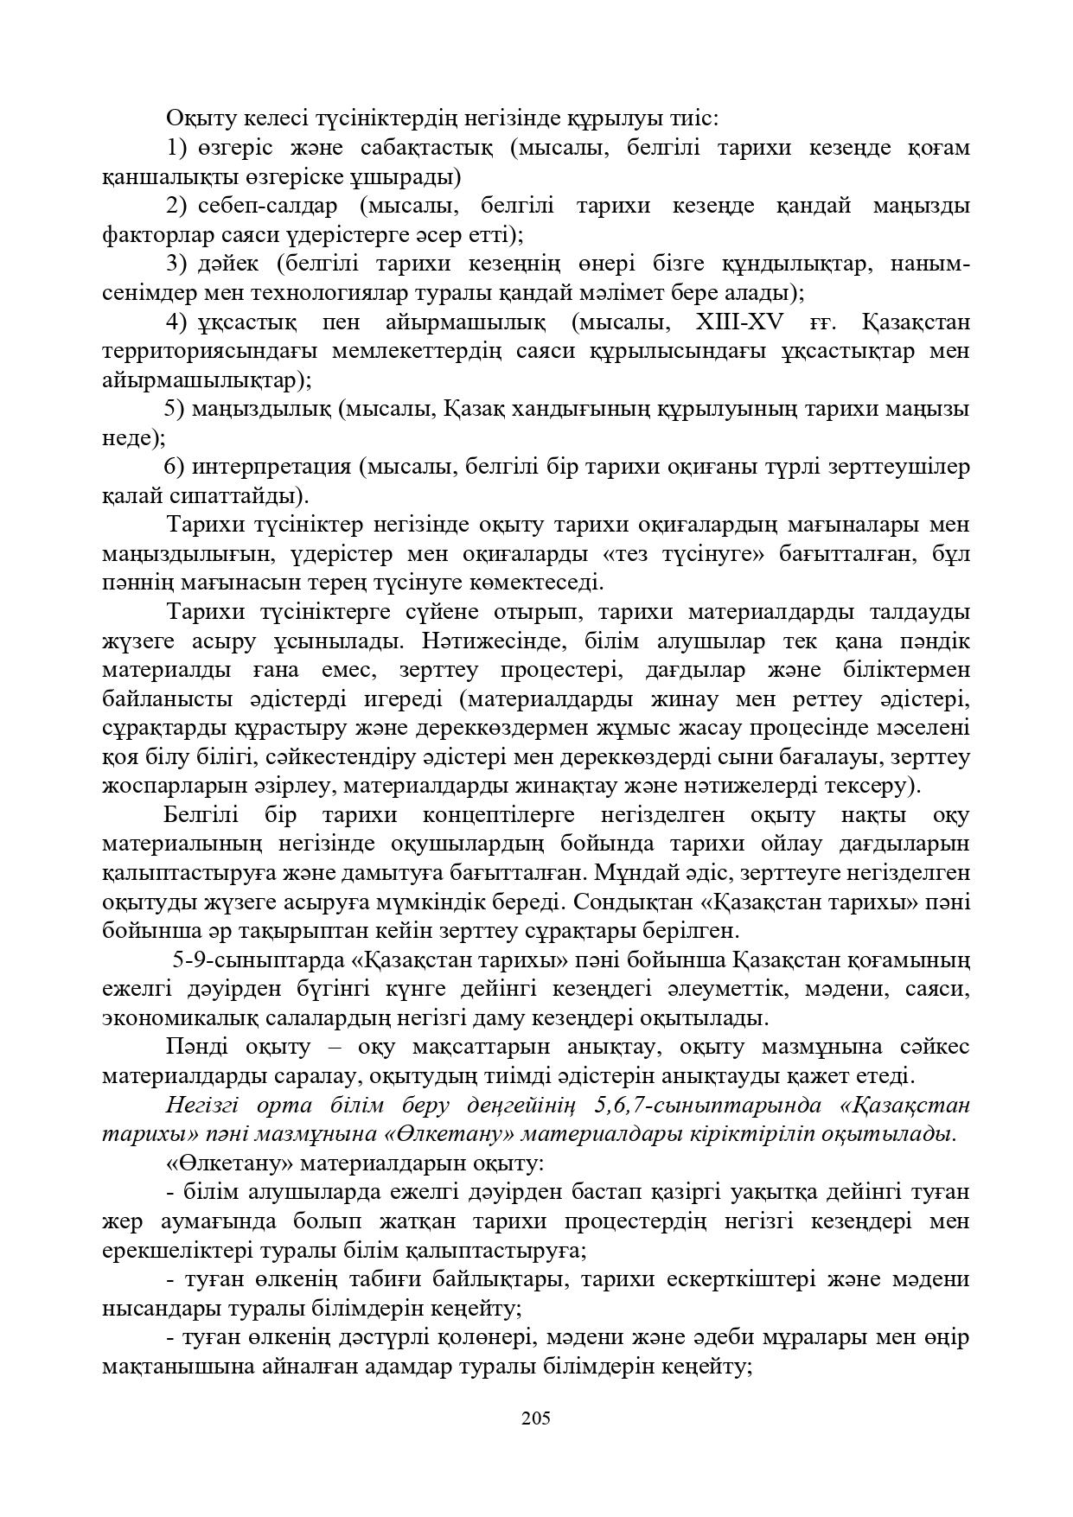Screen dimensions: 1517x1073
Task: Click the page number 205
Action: [x=536, y=1418]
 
